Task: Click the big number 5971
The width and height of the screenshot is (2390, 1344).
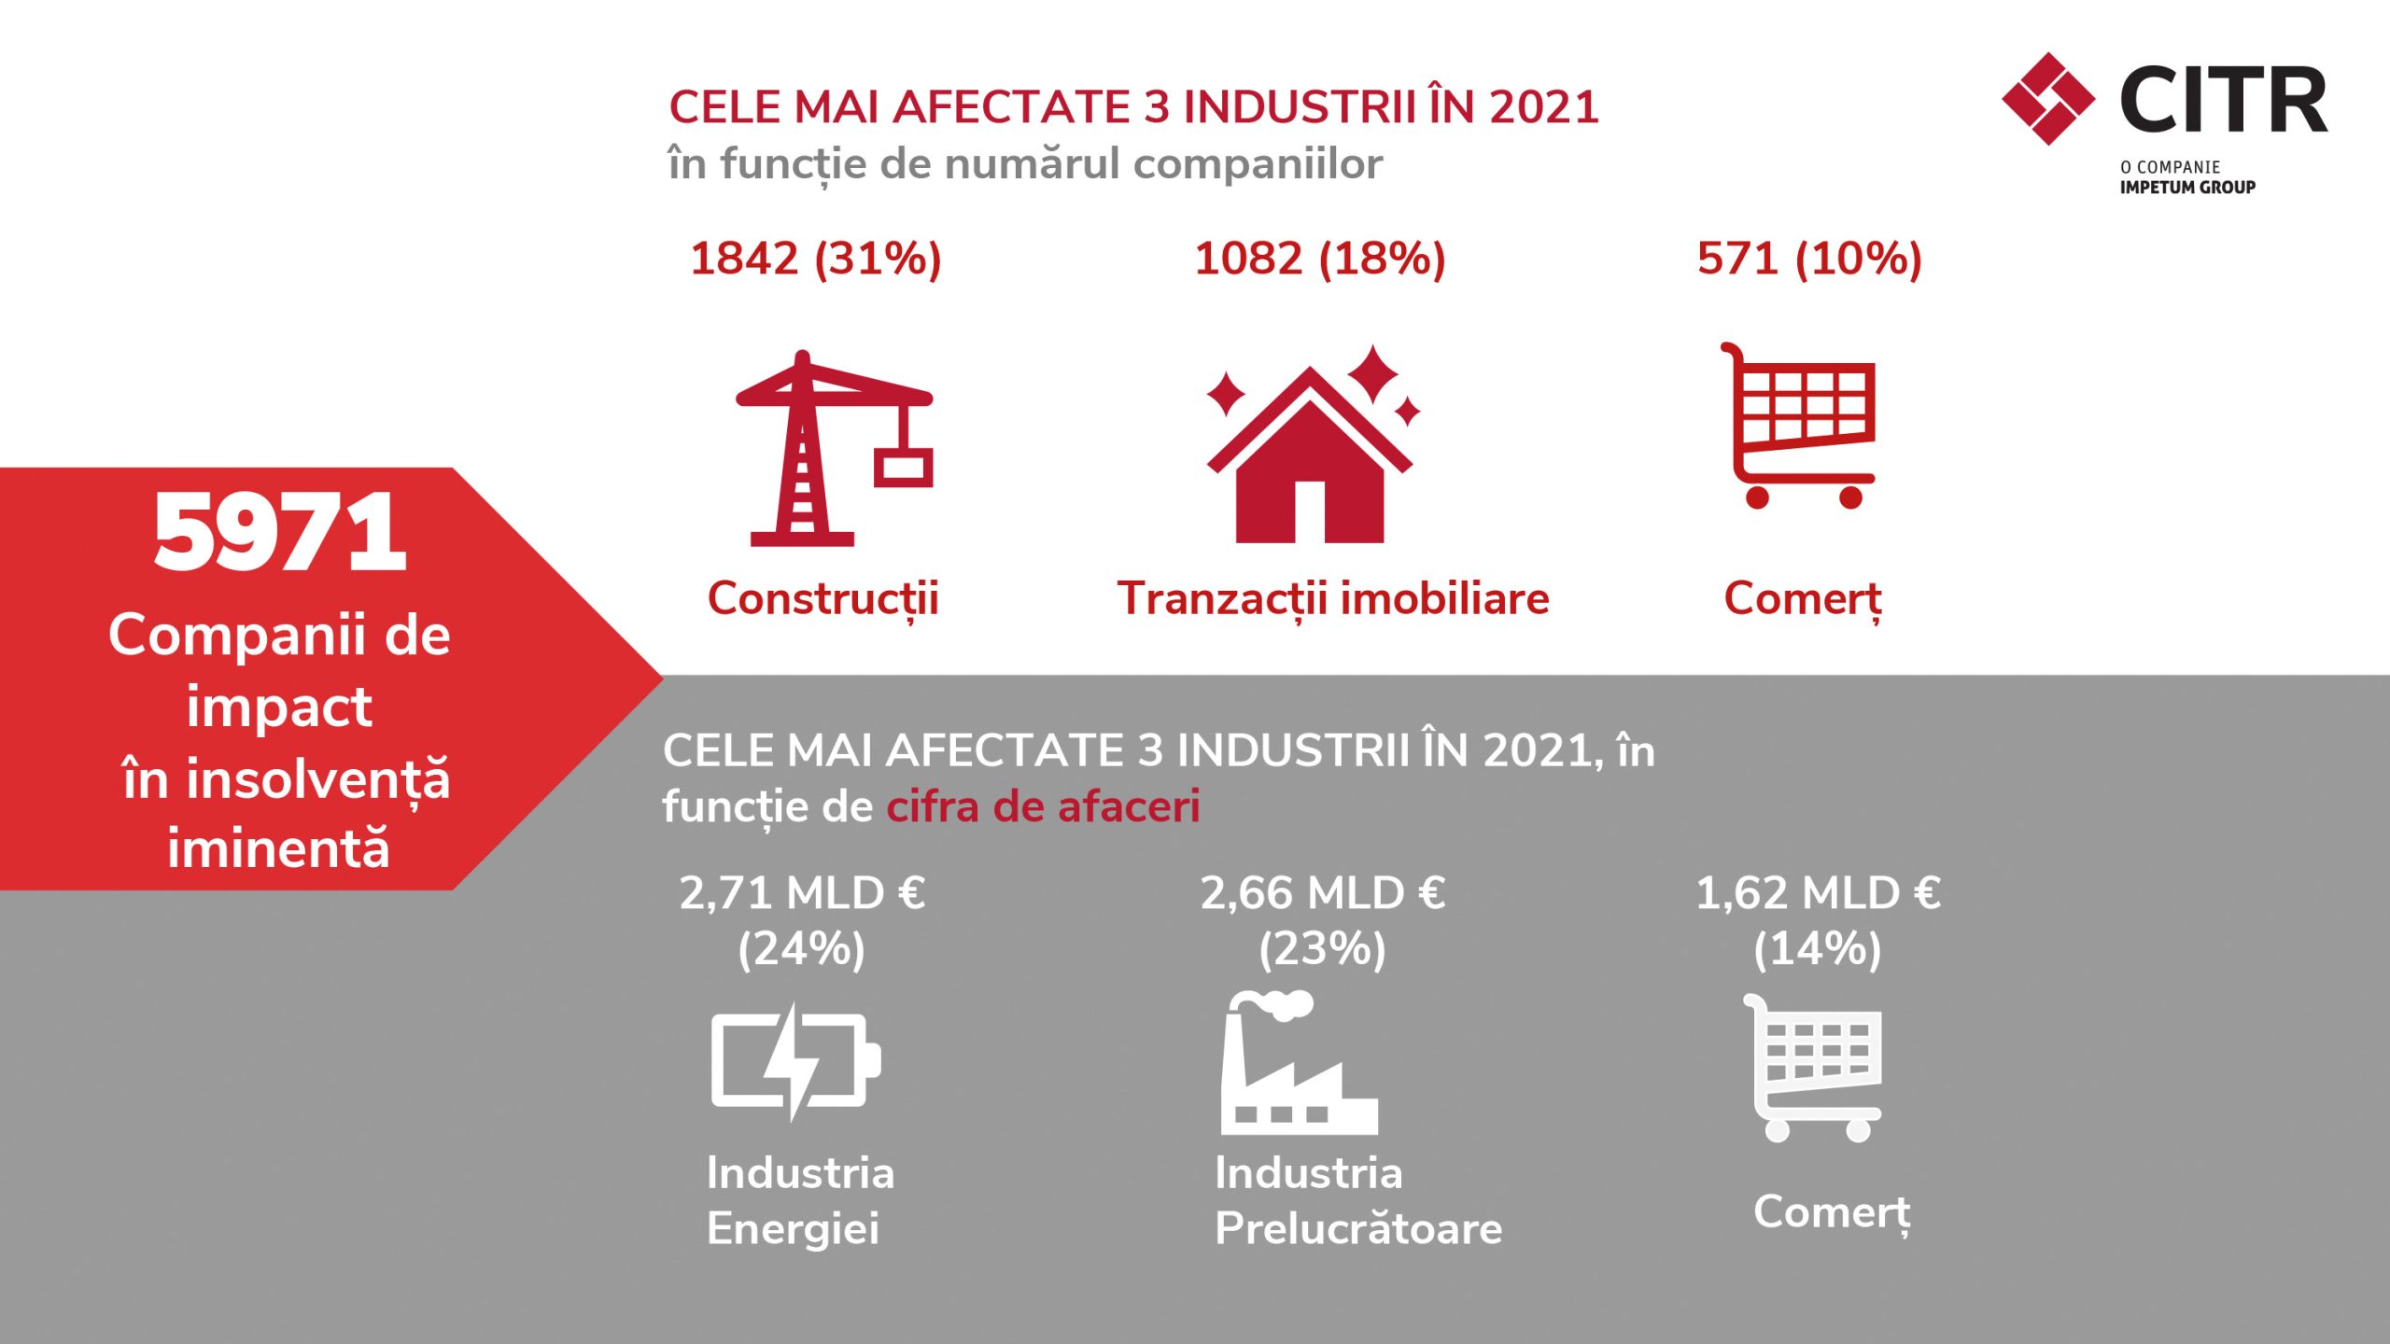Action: click(x=280, y=532)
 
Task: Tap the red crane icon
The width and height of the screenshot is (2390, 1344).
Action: click(x=803, y=448)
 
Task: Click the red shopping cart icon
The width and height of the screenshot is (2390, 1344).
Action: click(x=1798, y=425)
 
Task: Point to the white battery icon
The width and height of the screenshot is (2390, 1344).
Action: click(x=795, y=1061)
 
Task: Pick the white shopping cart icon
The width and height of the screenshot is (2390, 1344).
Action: click(x=1812, y=1068)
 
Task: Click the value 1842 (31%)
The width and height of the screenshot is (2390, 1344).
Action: click(x=816, y=259)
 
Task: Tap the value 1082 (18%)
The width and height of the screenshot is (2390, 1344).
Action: click(x=1320, y=259)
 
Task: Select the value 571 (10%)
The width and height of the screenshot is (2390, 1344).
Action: click(x=1809, y=259)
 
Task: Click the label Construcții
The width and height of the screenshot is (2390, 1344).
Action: click(x=822, y=599)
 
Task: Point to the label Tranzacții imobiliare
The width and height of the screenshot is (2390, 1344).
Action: click(x=1333, y=599)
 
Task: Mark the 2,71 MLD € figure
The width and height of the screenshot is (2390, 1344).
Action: click(x=802, y=893)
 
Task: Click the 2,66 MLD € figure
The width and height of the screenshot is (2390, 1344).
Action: click(x=1323, y=893)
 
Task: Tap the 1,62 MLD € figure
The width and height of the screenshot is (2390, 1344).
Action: click(x=1818, y=893)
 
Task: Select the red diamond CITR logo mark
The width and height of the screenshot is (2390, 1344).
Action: click(x=2048, y=99)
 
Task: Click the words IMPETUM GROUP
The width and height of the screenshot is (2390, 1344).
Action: click(x=2187, y=187)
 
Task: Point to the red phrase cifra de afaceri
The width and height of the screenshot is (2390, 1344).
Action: click(x=1043, y=806)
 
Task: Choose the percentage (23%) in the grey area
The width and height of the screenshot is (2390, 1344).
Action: click(x=1322, y=949)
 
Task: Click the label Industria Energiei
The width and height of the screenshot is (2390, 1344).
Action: click(x=800, y=1200)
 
